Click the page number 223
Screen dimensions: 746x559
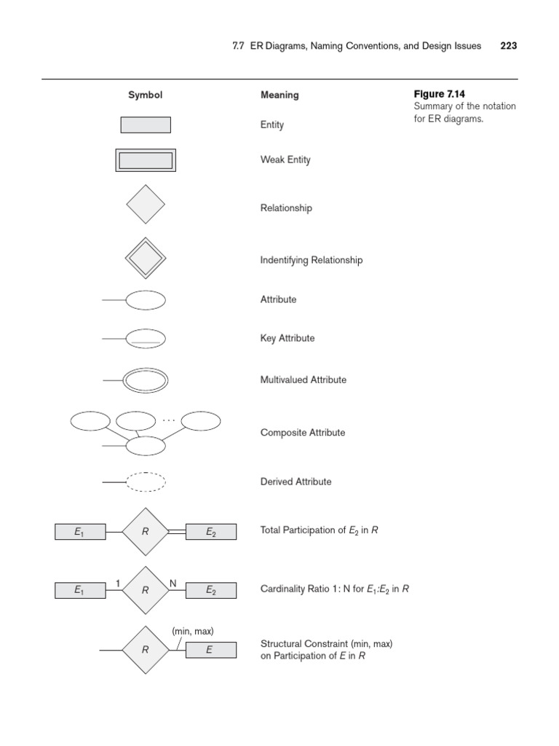point(509,45)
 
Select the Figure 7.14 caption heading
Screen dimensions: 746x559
point(439,94)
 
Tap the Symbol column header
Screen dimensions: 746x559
point(146,95)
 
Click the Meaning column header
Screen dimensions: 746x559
point(279,95)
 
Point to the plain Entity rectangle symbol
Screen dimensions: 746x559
point(146,125)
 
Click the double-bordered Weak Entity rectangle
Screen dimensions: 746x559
point(146,160)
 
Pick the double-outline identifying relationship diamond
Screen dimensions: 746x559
point(146,257)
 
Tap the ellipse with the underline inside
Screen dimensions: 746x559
point(146,339)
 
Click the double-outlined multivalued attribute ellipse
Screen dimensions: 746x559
point(146,380)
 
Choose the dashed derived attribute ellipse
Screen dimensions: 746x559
point(146,482)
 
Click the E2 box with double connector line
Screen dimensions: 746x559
point(211,532)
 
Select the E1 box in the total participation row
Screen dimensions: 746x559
point(79,532)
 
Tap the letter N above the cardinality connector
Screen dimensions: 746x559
point(173,583)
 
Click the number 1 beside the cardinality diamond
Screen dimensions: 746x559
point(118,583)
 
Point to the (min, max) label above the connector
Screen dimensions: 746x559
point(193,631)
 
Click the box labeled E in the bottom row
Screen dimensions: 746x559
point(211,650)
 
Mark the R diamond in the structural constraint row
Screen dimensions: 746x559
point(146,650)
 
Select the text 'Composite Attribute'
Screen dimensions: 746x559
point(303,433)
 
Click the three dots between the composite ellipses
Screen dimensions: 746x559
point(169,420)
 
